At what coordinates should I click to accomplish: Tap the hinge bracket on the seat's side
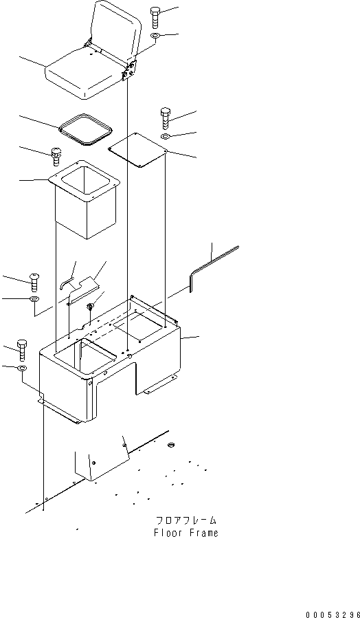(129, 69)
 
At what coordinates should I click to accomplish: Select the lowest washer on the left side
(22, 369)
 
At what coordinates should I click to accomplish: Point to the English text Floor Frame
(185, 533)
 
